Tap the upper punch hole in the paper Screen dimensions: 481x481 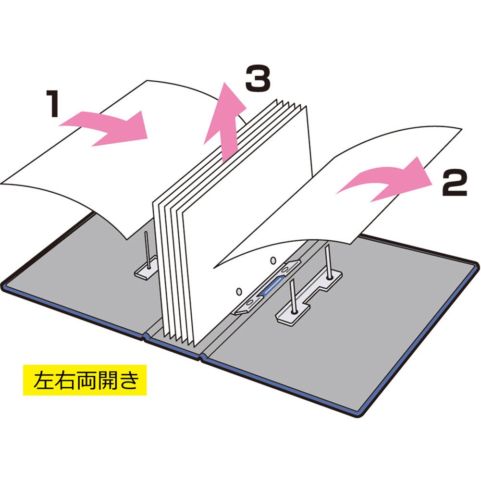click(273, 260)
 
